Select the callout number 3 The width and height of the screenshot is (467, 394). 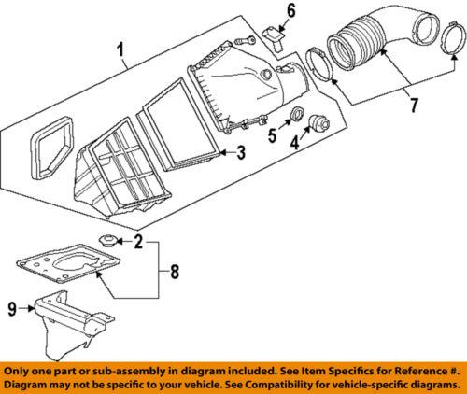click(x=239, y=153)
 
